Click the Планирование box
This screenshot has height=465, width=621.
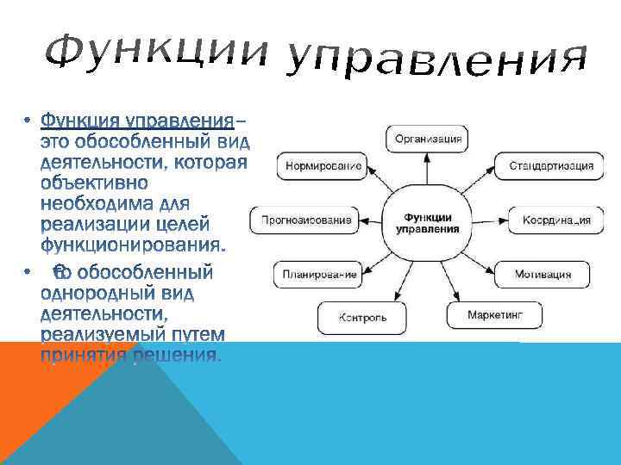click(x=314, y=276)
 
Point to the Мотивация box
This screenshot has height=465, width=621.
click(x=543, y=276)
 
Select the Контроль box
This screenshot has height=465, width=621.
click(x=362, y=317)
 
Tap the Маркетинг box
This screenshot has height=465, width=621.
click(x=495, y=315)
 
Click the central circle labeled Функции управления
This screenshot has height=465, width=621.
click(x=428, y=224)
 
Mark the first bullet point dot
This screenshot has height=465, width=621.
click(x=28, y=119)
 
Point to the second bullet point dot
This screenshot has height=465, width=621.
click(x=28, y=274)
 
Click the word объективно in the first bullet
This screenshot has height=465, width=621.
click(x=95, y=183)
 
